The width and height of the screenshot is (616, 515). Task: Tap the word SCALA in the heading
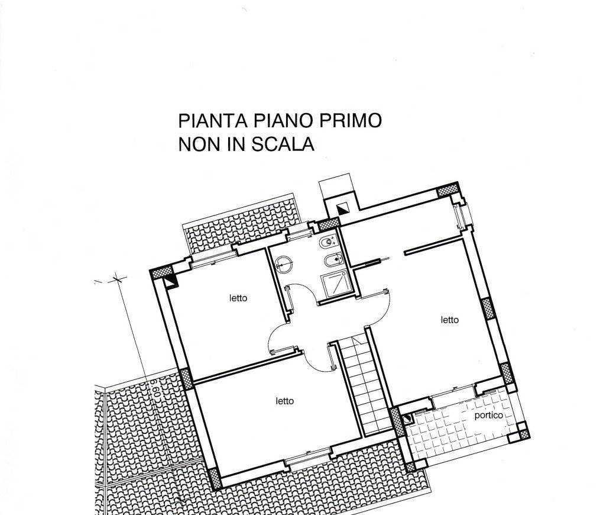pos(283,144)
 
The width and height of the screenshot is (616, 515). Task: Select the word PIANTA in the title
pos(213,120)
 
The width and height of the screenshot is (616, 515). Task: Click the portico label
pos(489,416)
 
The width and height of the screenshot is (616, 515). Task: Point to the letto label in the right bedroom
pos(449,320)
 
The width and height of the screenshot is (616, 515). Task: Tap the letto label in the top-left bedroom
pos(238,298)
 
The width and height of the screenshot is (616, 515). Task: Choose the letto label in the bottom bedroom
pos(284,401)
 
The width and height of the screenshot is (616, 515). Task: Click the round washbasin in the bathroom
pos(283,264)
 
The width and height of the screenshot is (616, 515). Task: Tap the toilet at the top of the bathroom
pos(328,242)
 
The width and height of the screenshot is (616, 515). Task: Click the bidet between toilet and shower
pos(335,260)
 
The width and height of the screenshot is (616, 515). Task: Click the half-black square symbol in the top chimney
pos(342,209)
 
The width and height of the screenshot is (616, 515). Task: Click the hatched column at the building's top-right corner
pos(448,190)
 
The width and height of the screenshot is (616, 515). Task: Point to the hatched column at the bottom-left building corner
pos(215,478)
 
